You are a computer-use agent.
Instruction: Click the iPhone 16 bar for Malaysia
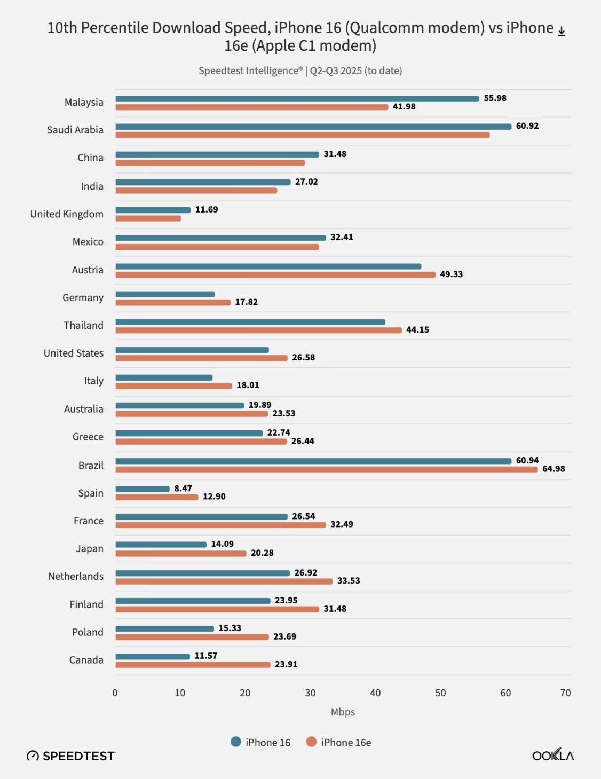point(297,99)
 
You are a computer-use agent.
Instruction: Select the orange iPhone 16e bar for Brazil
point(326,469)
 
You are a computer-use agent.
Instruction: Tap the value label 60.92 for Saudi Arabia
point(527,126)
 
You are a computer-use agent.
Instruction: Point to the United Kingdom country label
point(67,214)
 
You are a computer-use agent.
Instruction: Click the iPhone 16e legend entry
point(338,742)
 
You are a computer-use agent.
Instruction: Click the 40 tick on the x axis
point(375,693)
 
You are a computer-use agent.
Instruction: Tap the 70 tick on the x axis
point(565,693)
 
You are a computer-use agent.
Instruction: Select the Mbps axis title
point(343,712)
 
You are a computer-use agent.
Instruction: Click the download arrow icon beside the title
point(562,32)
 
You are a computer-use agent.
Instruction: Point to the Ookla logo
point(553,755)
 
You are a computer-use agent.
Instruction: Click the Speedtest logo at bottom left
point(71,756)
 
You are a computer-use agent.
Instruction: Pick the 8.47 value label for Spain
point(183,489)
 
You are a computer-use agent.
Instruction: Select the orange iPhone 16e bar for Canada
point(193,665)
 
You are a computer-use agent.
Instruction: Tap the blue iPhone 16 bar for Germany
point(165,294)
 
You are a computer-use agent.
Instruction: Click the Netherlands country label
point(76,577)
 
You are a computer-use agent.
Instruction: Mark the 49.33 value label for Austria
point(451,274)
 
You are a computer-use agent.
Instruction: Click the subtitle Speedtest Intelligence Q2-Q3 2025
point(300,71)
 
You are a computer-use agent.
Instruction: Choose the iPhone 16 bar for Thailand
point(250,322)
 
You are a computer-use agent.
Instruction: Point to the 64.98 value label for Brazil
point(553,469)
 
